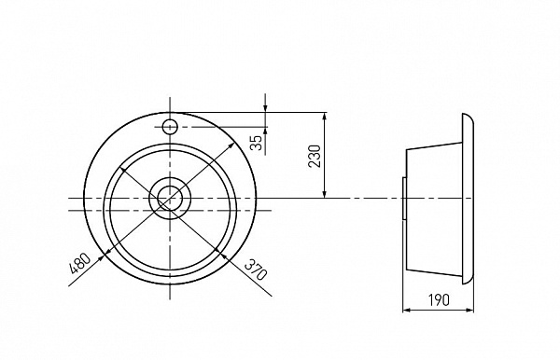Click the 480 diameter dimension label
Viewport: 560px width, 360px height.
coord(81,265)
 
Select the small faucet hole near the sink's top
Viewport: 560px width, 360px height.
coord(170,126)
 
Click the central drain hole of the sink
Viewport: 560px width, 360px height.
coord(170,198)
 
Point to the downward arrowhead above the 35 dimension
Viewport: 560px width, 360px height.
coord(266,110)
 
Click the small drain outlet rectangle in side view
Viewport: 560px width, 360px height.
coord(403,198)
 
